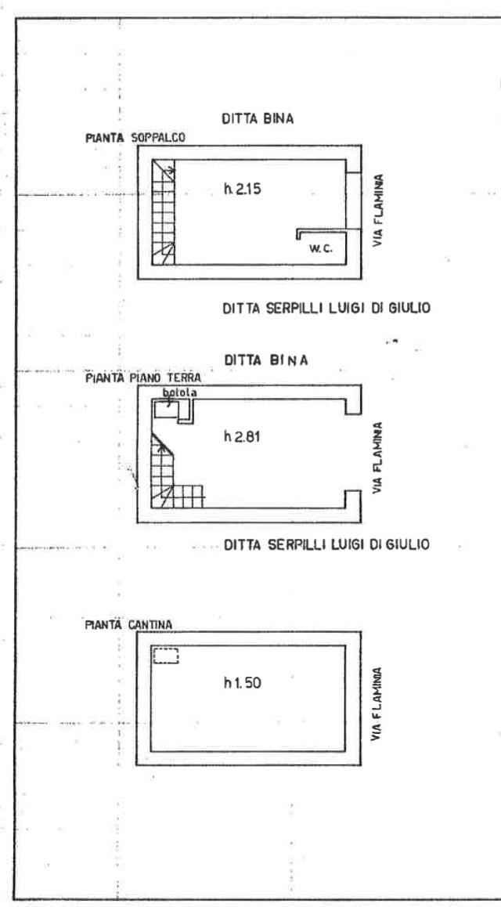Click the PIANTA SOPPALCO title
tap(135, 139)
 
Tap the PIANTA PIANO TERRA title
tap(142, 378)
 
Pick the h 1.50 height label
tap(243, 683)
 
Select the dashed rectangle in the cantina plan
tap(166, 656)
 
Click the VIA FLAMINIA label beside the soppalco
tap(377, 211)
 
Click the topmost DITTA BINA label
tap(258, 120)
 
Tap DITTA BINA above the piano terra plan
tap(266, 360)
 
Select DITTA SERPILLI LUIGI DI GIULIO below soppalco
tap(326, 309)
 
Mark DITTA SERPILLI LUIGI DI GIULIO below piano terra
tap(326, 544)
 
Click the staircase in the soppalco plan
tap(164, 211)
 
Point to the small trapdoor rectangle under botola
tap(166, 410)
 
